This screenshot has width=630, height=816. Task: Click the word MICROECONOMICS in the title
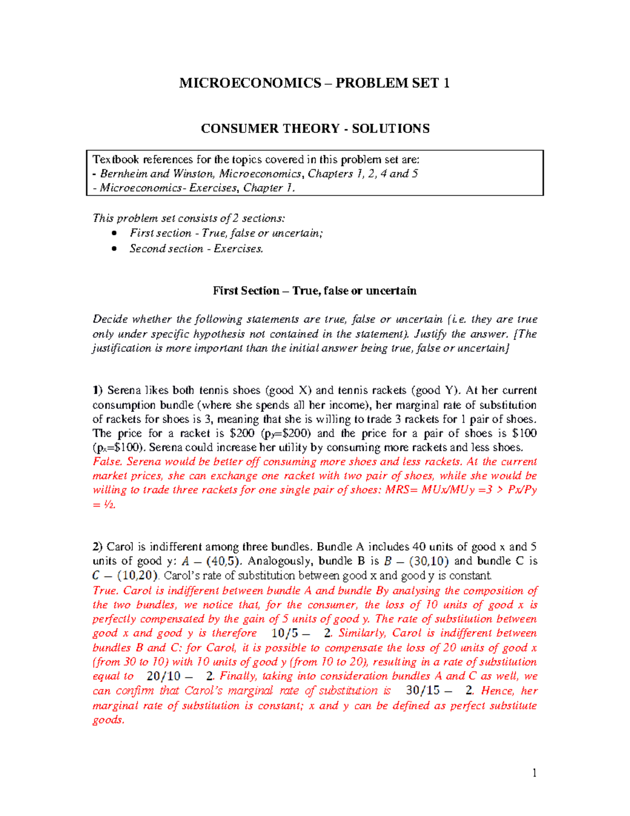(250, 83)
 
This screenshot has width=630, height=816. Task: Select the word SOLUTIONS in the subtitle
(391, 129)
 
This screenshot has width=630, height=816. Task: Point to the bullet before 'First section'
(114, 233)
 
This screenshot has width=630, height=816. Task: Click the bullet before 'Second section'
(114, 249)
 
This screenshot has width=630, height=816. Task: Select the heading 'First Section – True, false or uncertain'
(314, 291)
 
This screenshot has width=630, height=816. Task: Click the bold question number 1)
(98, 390)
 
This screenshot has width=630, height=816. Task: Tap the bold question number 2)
(98, 547)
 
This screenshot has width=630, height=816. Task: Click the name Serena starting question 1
(124, 390)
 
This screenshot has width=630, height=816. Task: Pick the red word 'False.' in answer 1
(108, 462)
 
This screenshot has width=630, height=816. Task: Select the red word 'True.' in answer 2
(106, 591)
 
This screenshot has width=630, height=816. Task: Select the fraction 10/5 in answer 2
(285, 633)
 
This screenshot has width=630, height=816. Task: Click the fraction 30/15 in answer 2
(423, 690)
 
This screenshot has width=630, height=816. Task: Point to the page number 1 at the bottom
(534, 772)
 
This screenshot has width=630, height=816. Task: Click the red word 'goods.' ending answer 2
(109, 720)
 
